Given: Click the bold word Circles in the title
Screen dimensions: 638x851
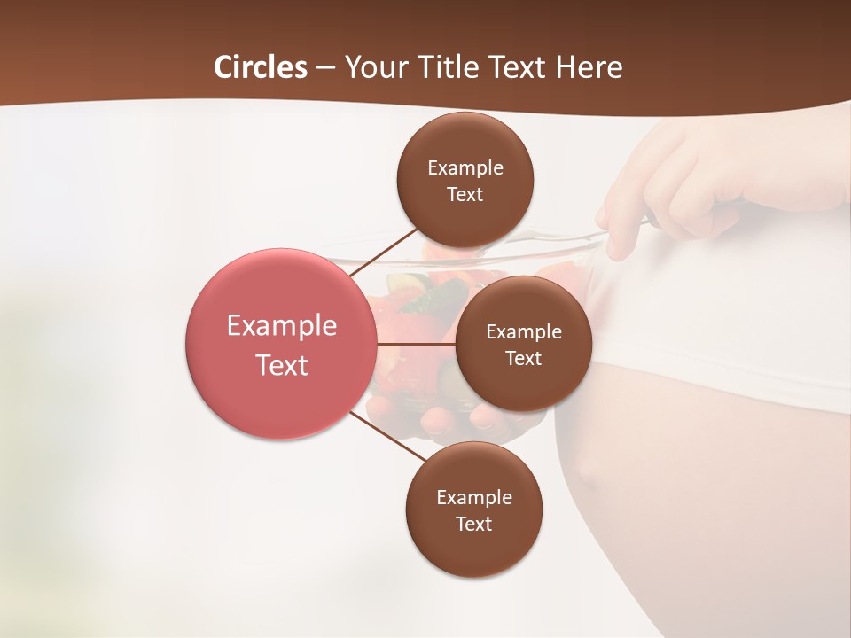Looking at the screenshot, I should coord(260,67).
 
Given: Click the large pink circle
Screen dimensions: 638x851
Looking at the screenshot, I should coord(280,344).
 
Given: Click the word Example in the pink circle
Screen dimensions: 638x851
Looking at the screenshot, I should coord(282,326).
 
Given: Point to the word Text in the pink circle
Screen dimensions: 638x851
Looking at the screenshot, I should coord(282,365).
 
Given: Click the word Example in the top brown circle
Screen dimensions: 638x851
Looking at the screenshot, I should coord(465,168).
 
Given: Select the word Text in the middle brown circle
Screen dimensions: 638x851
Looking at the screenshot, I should coord(523,358).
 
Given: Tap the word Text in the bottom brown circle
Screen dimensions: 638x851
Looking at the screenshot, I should coord(473,524).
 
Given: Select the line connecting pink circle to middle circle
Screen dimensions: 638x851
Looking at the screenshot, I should coord(415,344).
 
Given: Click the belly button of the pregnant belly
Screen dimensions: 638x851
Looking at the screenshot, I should coord(587,472).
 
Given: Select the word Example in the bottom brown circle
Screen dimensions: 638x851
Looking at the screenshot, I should coord(474,498).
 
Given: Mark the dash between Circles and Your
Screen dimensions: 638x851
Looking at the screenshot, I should coord(325,67).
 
